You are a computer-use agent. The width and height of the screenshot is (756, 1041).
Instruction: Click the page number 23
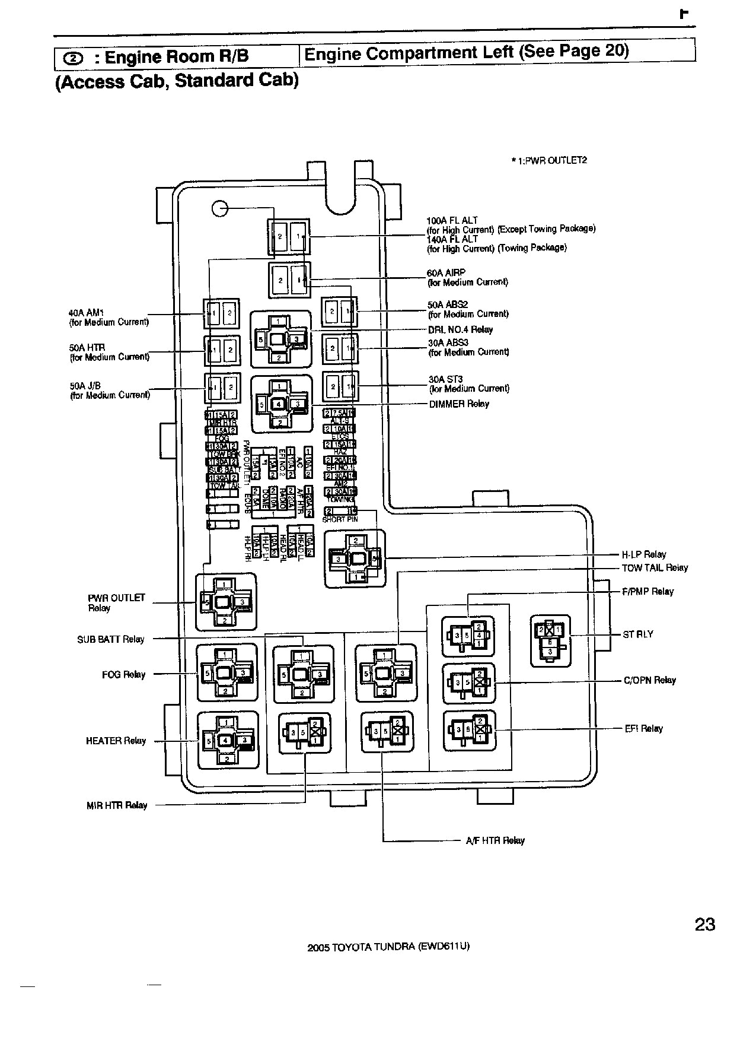pos(704,924)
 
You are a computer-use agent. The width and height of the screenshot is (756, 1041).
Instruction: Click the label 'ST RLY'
pos(638,634)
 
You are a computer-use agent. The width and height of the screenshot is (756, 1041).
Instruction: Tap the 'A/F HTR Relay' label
pos(495,840)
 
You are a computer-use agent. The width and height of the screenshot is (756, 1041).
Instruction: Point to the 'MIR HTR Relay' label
pos(116,805)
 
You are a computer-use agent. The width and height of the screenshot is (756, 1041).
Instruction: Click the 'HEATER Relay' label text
pos(116,741)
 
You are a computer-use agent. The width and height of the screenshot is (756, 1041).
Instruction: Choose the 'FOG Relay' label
pos(123,674)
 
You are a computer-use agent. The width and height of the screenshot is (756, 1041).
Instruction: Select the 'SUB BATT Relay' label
pos(111,639)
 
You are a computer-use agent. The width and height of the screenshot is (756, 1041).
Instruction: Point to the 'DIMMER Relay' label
pos(459,404)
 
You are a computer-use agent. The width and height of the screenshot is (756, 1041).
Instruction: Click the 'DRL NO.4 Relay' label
pos(460,329)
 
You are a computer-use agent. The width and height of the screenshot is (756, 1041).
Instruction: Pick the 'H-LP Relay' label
pos(643,554)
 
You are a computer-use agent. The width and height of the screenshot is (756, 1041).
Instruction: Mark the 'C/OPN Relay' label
pos(649,680)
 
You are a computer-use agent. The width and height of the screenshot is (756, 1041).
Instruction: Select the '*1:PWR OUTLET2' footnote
pos(549,160)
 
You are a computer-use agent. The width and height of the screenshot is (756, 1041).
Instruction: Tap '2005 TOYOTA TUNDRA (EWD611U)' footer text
pos(388,947)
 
